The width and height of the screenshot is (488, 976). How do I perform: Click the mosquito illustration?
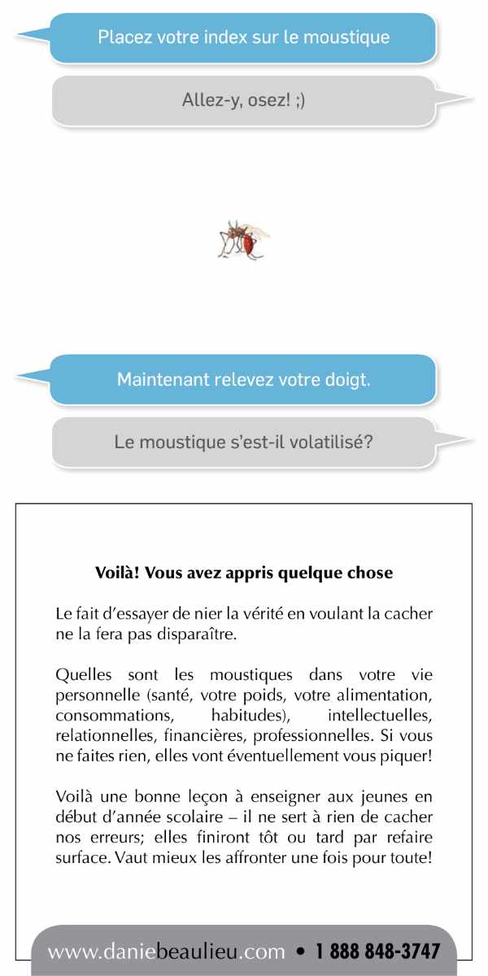pos(242,239)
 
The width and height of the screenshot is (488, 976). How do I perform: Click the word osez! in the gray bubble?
pos(251,101)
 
